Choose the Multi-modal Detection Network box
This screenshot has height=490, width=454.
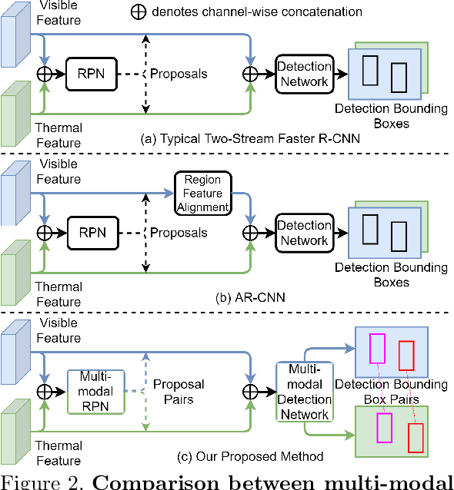(304, 391)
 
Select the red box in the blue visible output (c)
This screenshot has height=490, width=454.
(406, 356)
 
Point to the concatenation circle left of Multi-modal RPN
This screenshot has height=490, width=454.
(45, 392)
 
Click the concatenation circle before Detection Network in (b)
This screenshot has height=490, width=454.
(250, 232)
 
